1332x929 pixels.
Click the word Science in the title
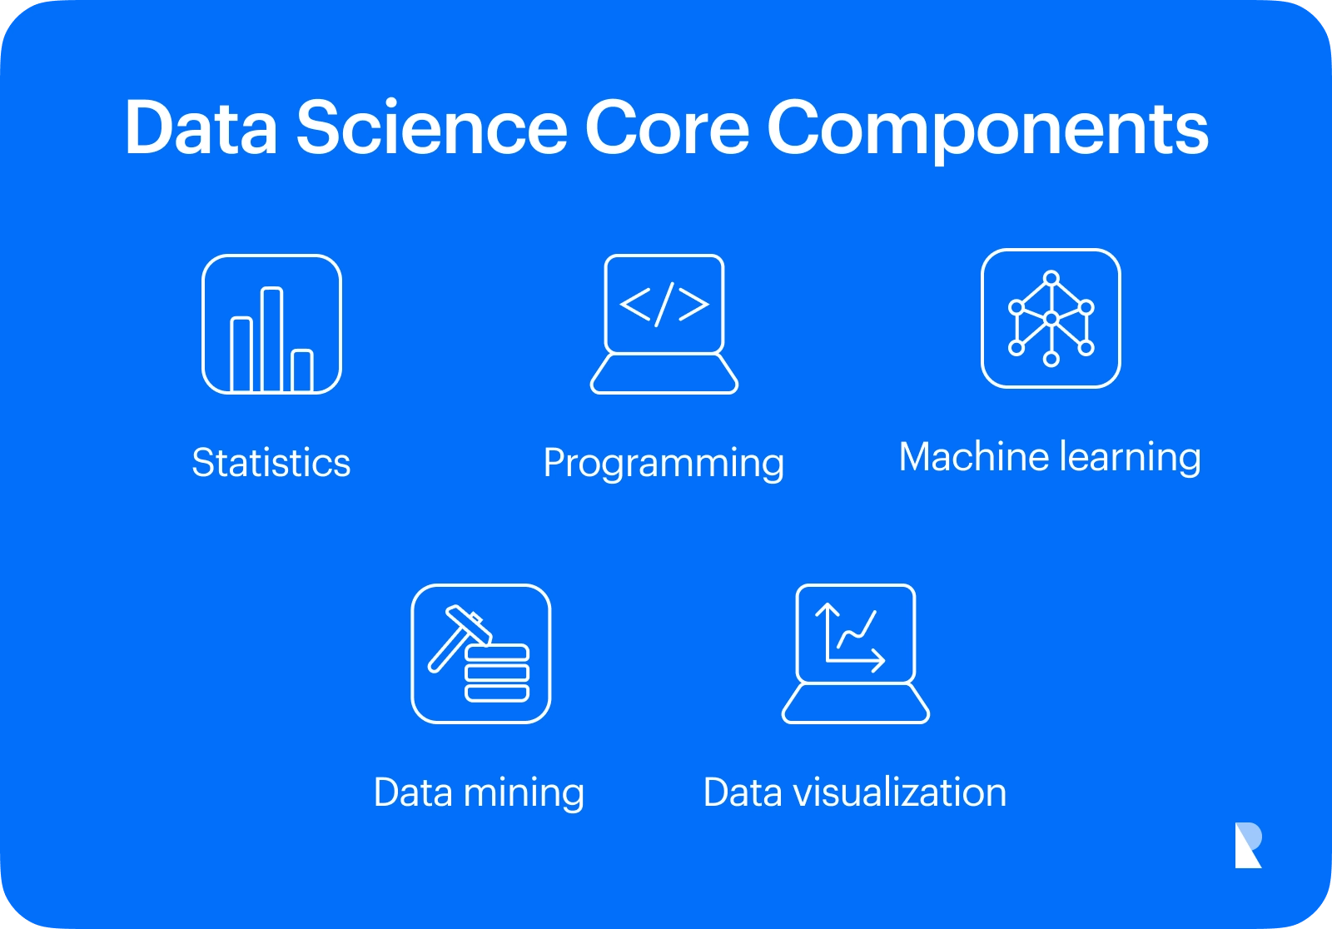432,127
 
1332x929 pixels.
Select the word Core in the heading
667,127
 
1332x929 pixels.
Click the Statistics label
271,463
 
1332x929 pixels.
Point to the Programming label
664,464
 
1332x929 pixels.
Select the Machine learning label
1050,458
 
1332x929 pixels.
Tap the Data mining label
479,793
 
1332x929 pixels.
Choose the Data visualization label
854,792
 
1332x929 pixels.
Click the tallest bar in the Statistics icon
271,340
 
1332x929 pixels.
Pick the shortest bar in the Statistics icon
302,371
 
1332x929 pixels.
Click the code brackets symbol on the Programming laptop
664,305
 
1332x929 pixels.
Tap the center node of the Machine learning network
1051,319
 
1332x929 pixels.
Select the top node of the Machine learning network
1051,278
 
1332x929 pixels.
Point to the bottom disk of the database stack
496,693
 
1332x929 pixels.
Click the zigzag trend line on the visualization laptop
857,631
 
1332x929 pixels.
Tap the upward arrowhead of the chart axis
828,609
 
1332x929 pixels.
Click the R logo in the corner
1248,845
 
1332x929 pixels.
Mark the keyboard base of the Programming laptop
664,374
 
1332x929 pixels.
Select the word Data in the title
201,127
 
